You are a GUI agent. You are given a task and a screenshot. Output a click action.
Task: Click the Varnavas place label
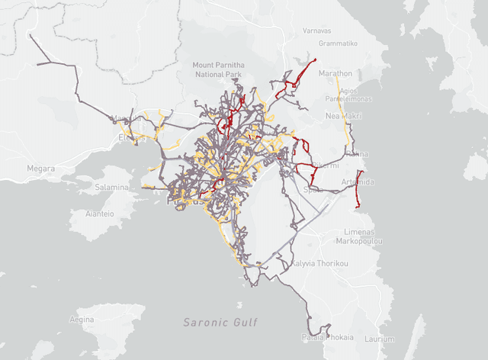coord(316,31)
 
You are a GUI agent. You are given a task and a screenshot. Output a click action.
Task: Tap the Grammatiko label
coord(338,43)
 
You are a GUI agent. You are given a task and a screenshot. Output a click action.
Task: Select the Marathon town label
coord(335,73)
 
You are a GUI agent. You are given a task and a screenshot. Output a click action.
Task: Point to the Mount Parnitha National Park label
coord(219,70)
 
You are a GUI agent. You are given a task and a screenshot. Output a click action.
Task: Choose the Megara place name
coord(40,169)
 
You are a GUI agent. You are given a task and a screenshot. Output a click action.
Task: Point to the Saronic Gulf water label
coord(222,323)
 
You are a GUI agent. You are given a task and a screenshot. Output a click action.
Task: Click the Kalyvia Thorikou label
coord(319,264)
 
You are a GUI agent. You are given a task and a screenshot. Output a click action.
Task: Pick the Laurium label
coord(379,339)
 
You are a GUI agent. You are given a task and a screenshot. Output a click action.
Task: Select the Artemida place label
coord(358,182)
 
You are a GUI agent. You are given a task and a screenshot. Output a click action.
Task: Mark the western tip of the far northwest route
coord(30,35)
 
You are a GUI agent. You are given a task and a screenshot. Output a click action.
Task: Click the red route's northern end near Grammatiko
coord(314,59)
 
